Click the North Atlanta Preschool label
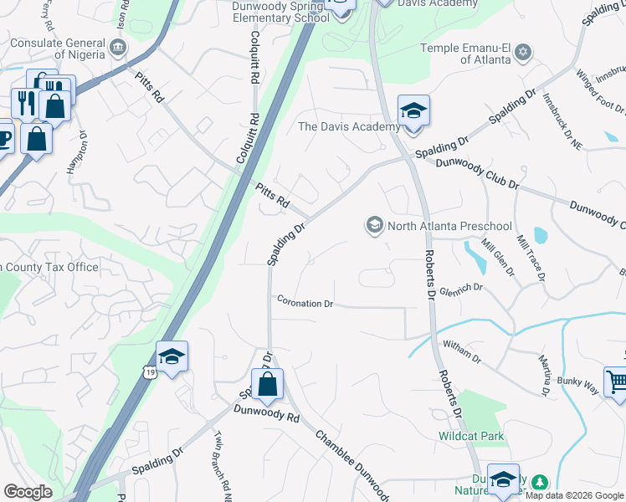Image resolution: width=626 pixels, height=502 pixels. coord(450,226)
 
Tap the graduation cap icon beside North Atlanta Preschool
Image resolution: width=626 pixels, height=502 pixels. coord(374,225)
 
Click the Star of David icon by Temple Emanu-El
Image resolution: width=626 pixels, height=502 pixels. coord(524,53)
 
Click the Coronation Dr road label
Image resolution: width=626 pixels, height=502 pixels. coord(305,303)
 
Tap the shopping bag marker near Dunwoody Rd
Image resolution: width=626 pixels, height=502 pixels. coord(268,385)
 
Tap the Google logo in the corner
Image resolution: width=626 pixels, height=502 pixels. coord(28,492)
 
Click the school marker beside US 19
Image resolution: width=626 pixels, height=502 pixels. coord(172,358)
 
